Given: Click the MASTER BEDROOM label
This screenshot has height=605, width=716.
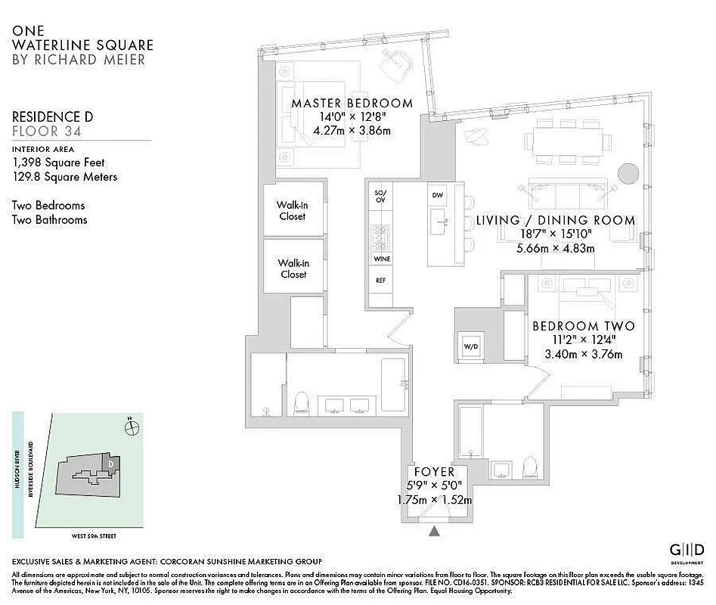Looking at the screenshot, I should pyautogui.click(x=352, y=103).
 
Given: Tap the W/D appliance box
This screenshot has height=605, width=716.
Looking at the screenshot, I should pyautogui.click(x=470, y=346).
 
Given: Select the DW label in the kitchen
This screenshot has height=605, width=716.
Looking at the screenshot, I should pyautogui.click(x=437, y=195).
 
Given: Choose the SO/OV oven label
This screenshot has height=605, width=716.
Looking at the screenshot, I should pyautogui.click(x=380, y=197).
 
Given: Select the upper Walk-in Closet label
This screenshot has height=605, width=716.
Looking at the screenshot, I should pyautogui.click(x=291, y=211).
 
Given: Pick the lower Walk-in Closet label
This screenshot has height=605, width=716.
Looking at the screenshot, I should pyautogui.click(x=293, y=268).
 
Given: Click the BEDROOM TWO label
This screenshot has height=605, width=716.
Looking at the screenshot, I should pyautogui.click(x=583, y=326).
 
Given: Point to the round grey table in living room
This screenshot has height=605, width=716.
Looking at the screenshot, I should pyautogui.click(x=628, y=173).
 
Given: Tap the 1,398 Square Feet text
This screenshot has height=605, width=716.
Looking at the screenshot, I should pyautogui.click(x=58, y=162).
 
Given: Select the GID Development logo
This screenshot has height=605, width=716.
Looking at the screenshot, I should pyautogui.click(x=687, y=551).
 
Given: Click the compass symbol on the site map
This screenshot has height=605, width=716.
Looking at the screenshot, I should pyautogui.click(x=133, y=427).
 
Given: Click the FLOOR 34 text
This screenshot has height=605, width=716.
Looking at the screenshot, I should pyautogui.click(x=47, y=131).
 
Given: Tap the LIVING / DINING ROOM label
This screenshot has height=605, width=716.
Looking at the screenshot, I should pyautogui.click(x=555, y=220).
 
